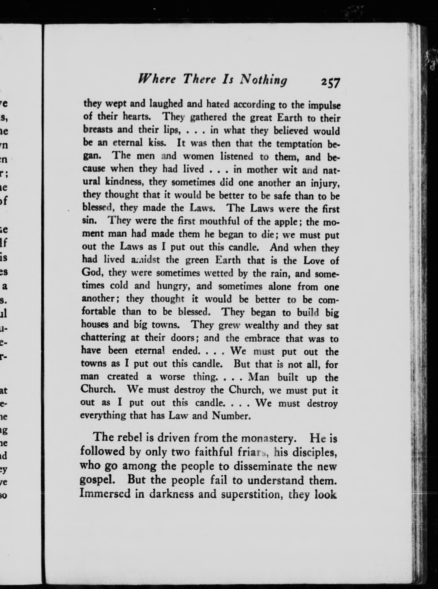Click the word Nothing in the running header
(x=263, y=80)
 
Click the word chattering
(x=103, y=338)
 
